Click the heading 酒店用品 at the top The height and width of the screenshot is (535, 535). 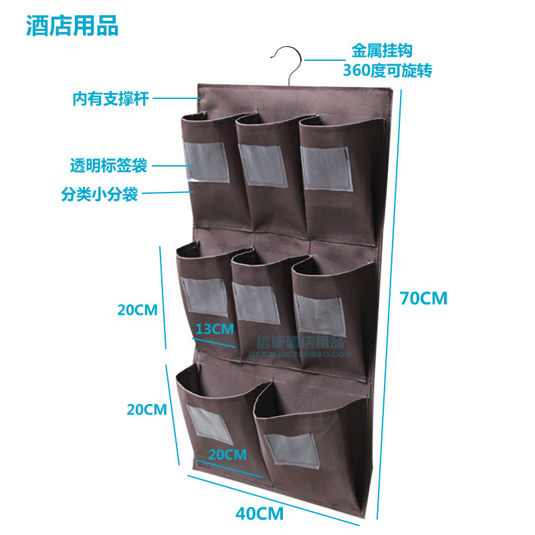(72, 26)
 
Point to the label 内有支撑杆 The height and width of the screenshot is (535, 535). (110, 100)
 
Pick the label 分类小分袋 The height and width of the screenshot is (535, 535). (100, 195)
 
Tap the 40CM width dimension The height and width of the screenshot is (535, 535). (259, 514)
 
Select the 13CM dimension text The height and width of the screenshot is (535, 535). (214, 328)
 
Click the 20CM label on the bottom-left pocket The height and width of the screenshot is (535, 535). (226, 455)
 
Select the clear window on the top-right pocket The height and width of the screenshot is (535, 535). (326, 168)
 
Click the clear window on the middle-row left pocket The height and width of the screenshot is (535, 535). (205, 296)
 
